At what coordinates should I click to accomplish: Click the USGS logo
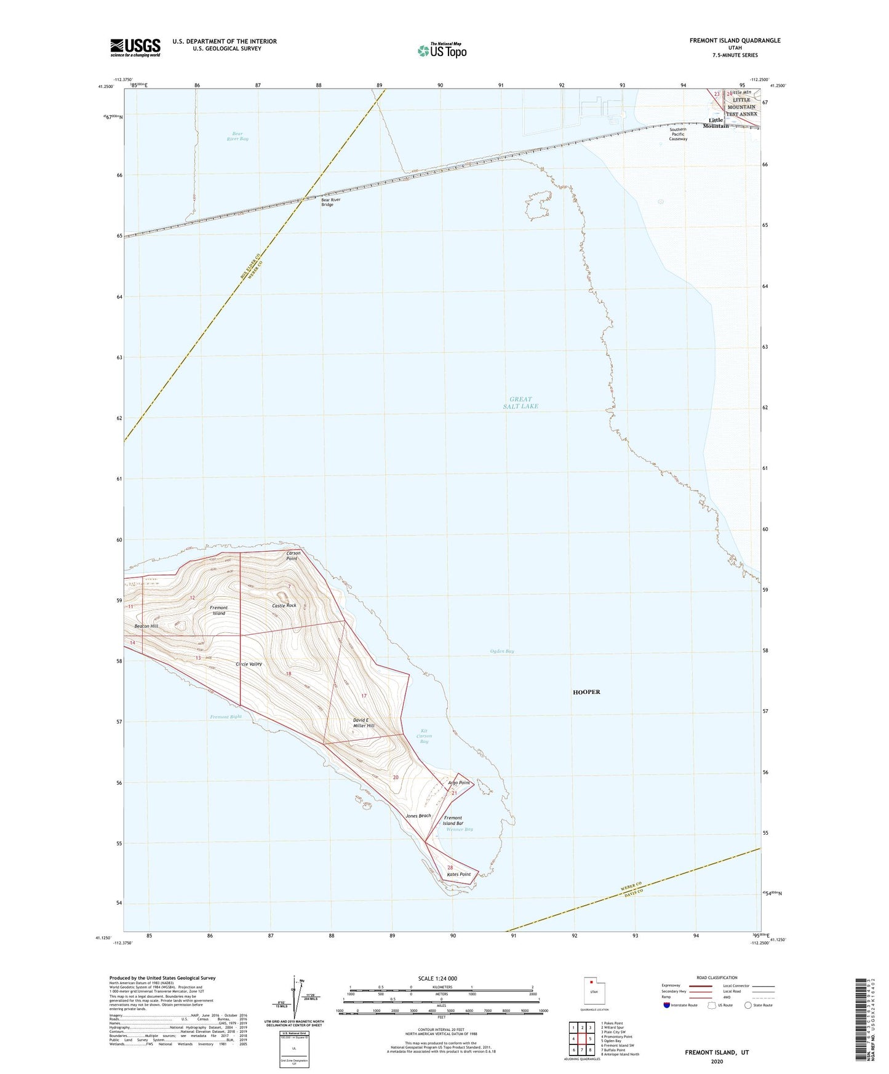tap(135, 47)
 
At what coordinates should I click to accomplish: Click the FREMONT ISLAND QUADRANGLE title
tap(735, 41)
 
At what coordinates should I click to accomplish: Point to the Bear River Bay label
tap(237, 137)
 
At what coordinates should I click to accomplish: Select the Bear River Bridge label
tap(330, 202)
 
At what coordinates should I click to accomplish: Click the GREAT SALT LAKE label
tap(520, 403)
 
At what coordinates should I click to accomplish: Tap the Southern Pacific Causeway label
tap(678, 134)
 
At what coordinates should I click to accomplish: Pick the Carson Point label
tap(293, 556)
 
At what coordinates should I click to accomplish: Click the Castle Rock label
tap(284, 606)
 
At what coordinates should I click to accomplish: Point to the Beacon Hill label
tap(146, 626)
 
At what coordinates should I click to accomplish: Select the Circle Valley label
tap(249, 664)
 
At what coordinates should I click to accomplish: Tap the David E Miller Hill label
tap(364, 723)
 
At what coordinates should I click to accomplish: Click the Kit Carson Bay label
tap(424, 736)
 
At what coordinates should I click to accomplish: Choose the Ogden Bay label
tap(502, 651)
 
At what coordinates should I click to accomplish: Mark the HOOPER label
tap(586, 692)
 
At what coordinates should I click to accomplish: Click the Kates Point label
tap(458, 875)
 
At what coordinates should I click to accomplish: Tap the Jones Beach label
tap(418, 816)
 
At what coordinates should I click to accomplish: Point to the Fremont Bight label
tap(226, 717)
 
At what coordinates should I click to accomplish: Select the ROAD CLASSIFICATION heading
tap(717, 978)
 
